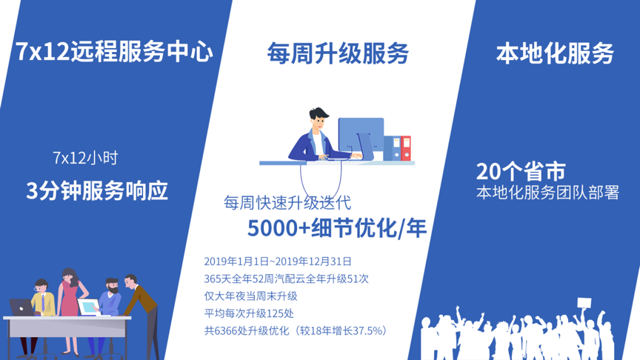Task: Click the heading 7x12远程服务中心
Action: coord(114,52)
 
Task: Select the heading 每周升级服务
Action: coord(338,53)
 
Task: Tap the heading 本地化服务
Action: coord(555,53)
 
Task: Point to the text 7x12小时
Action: coord(85,158)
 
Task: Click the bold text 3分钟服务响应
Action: coord(97,190)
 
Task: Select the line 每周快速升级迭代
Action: coord(287,203)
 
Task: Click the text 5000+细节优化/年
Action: coord(337,227)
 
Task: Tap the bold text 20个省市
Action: coord(521,171)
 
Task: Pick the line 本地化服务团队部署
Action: coord(547,193)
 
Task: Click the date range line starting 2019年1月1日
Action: coord(278,261)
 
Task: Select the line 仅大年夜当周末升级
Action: coord(250,296)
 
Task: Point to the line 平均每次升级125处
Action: coord(249,313)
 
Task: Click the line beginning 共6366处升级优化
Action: coord(296,330)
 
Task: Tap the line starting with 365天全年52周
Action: coord(286,279)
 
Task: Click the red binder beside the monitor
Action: coord(406,148)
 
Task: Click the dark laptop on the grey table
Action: coord(21,307)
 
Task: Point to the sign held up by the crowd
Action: coord(584,303)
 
